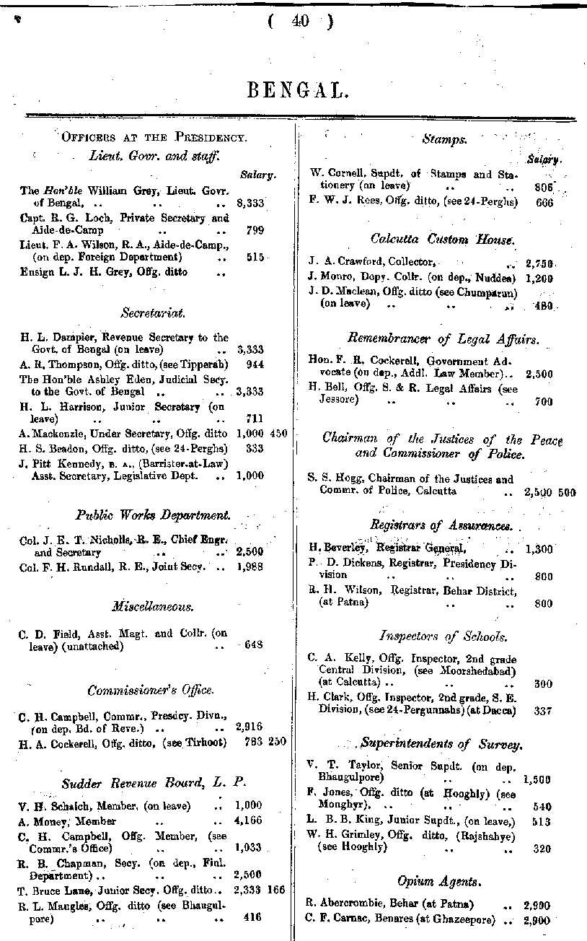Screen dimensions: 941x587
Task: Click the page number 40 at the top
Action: click(300, 22)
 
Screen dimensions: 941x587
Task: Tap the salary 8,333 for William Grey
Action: click(250, 203)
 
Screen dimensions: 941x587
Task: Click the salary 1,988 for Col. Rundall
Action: click(249, 566)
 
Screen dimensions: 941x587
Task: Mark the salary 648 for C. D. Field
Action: click(254, 645)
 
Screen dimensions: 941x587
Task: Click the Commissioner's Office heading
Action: click(151, 691)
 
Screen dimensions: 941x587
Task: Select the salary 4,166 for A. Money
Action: click(249, 821)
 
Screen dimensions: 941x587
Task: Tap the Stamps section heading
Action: click(444, 139)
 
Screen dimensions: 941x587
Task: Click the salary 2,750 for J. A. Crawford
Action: click(539, 263)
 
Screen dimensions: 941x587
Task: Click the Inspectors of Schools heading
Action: click(443, 636)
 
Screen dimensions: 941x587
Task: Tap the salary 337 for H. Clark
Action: click(543, 711)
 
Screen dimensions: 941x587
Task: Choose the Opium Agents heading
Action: click(439, 881)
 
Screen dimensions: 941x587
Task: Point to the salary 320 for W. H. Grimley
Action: click(543, 849)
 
